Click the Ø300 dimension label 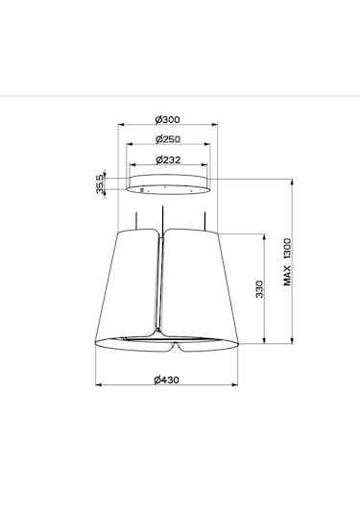(167, 120)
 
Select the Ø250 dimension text (168, 139)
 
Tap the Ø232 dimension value (168, 160)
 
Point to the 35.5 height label (100, 184)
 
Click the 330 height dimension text (259, 289)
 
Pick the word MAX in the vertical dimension (287, 276)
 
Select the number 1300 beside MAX (287, 250)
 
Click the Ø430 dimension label (166, 379)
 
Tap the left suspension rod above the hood (136, 221)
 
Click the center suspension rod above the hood (162, 220)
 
